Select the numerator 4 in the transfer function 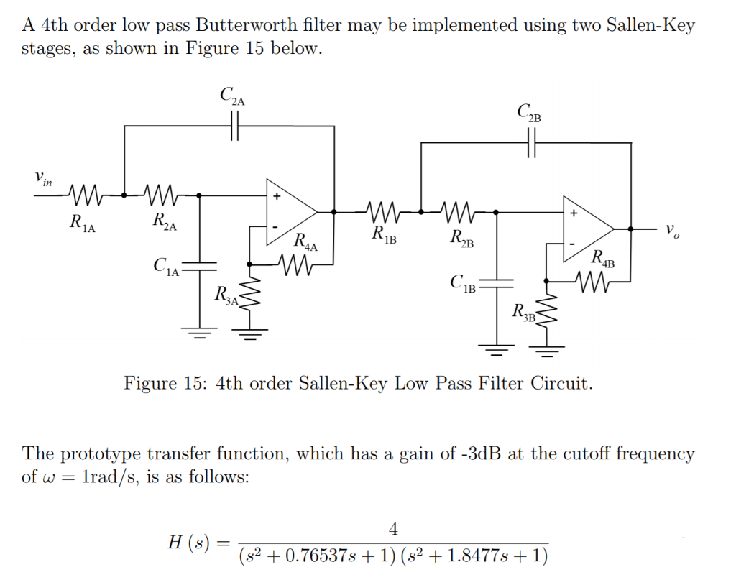click(392, 529)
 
